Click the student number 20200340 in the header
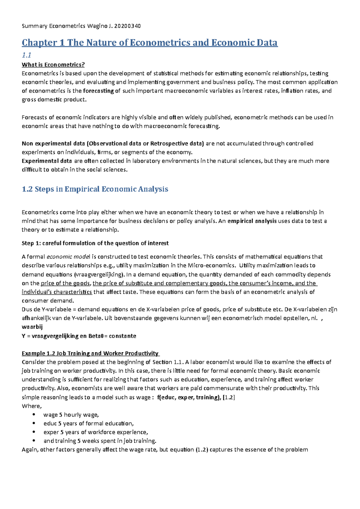coord(127,26)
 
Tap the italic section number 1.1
coord(26,55)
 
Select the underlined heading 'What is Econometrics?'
coord(53,65)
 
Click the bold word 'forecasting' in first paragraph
coord(98,91)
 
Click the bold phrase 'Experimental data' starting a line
coord(46,161)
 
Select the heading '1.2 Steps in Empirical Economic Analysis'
coord(95,189)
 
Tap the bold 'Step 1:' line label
coord(31,243)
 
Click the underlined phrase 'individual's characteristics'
coord(57,292)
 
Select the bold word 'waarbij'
coord(32,327)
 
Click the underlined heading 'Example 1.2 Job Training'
coord(90,353)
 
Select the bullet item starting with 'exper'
coord(96,432)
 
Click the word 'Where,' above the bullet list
coord(31,406)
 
